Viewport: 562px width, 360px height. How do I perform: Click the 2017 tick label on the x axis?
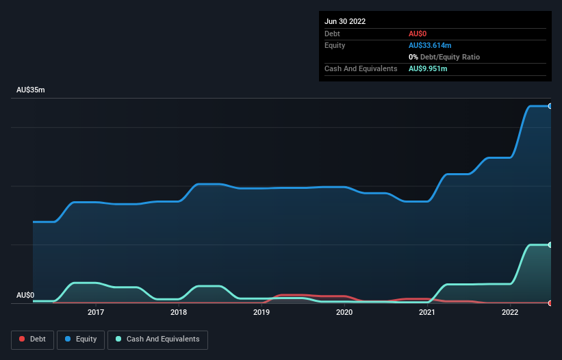tap(96, 313)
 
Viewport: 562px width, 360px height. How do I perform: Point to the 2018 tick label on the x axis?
tap(179, 313)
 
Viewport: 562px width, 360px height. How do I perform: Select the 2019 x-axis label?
tap(261, 313)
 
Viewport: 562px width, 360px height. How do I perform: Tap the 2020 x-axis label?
tap(344, 313)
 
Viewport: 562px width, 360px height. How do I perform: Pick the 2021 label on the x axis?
tap(427, 313)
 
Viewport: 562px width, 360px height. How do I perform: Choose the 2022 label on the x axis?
tap(510, 313)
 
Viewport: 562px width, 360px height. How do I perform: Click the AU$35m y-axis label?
tap(30, 90)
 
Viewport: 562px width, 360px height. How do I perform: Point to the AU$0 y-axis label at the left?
tap(25, 295)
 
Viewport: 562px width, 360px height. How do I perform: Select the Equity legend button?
tap(80, 339)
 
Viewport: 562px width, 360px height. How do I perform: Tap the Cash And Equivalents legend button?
tap(157, 339)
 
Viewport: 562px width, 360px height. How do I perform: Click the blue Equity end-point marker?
tap(550, 106)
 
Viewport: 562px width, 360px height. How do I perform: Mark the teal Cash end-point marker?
tap(550, 245)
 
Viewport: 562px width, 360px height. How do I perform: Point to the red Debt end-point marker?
tap(550, 303)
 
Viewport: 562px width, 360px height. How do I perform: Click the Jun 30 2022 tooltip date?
tap(345, 21)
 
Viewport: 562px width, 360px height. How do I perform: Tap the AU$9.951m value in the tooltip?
tap(428, 68)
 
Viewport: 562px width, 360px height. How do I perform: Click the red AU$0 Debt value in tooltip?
tap(418, 34)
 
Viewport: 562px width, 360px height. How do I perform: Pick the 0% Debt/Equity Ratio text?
tap(444, 57)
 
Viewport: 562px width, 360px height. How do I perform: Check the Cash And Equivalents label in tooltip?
tap(361, 68)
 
